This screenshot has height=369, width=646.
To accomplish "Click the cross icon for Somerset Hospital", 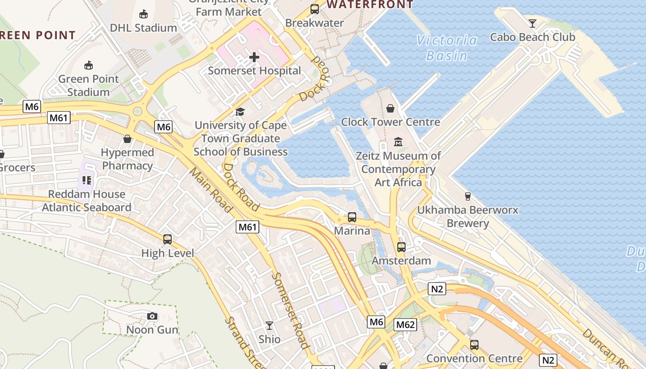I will pyautogui.click(x=254, y=58).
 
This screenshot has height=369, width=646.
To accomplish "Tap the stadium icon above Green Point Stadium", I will pyautogui.click(x=88, y=65).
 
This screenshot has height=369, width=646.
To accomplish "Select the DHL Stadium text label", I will pyautogui.click(x=143, y=28).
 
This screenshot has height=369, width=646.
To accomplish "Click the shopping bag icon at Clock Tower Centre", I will pyautogui.click(x=390, y=108).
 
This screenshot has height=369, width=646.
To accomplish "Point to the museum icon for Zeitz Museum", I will pyautogui.click(x=398, y=142).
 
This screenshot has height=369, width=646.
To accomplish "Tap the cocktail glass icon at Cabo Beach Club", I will pyautogui.click(x=532, y=23).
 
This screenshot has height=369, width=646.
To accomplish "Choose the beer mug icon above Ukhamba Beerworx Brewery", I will pyautogui.click(x=467, y=196).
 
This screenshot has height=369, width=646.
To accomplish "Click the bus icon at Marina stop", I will pyautogui.click(x=352, y=217).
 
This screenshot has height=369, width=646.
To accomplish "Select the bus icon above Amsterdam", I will pyautogui.click(x=401, y=247).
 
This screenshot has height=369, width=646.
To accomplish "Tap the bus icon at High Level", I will pyautogui.click(x=167, y=239).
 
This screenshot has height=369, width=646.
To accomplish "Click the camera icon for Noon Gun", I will pyautogui.click(x=152, y=316).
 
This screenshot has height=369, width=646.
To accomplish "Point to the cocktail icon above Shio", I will pyautogui.click(x=269, y=326).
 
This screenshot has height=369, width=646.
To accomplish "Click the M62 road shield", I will pyautogui.click(x=406, y=325).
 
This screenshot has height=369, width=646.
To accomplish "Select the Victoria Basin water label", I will pyautogui.click(x=447, y=48).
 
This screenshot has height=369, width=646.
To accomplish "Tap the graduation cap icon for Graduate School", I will pyautogui.click(x=240, y=112).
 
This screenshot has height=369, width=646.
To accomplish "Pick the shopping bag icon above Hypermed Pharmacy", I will pyautogui.click(x=127, y=139).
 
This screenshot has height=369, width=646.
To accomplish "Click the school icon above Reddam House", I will pyautogui.click(x=86, y=180).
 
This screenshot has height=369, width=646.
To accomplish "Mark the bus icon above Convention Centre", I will pyautogui.click(x=474, y=345).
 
